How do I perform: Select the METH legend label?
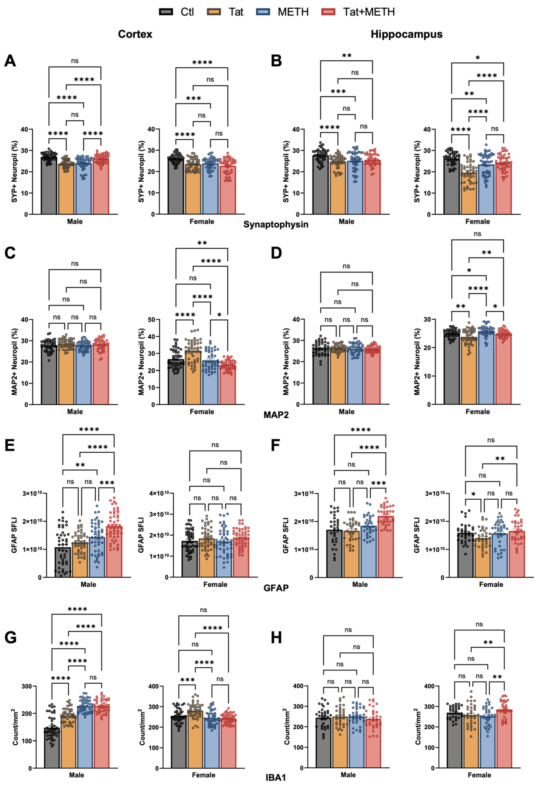(x=293, y=12)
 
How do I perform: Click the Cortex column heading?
(x=135, y=34)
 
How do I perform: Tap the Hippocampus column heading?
(x=406, y=34)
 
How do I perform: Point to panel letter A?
(x=10, y=61)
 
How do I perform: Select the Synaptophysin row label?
(x=276, y=224)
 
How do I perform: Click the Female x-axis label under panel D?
(x=477, y=412)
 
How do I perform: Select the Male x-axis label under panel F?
(x=360, y=584)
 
